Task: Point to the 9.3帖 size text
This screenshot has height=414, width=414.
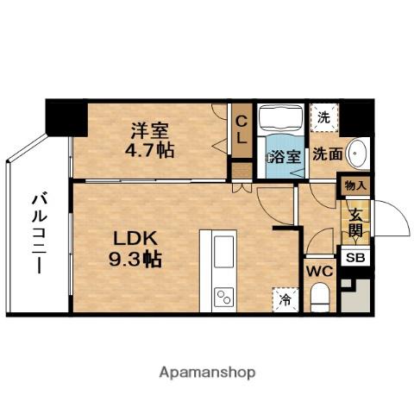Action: tap(129, 257)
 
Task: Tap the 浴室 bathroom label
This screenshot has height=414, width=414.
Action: tap(284, 157)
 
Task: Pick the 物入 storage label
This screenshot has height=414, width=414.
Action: tap(355, 185)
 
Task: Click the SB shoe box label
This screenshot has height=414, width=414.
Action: tap(354, 257)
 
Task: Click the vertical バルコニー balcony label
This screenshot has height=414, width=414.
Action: tap(39, 234)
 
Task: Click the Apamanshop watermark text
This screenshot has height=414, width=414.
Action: tap(206, 373)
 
